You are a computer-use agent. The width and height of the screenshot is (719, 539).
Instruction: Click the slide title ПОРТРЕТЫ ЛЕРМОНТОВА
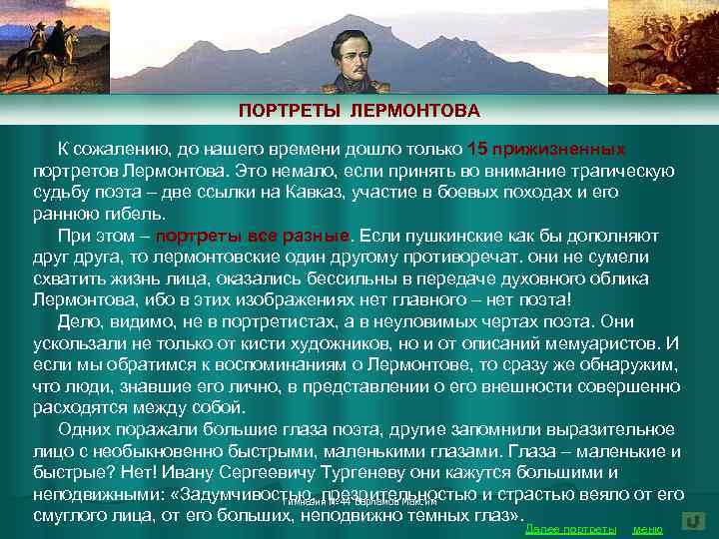point(359,109)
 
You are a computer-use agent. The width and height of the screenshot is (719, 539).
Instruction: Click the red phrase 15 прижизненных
point(547,149)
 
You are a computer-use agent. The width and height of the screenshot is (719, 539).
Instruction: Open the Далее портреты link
point(570,528)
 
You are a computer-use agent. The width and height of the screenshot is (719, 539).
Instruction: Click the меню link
point(648,528)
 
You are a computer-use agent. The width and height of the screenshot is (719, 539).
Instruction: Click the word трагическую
point(615,170)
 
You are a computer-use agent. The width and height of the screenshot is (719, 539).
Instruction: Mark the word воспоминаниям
point(270,364)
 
